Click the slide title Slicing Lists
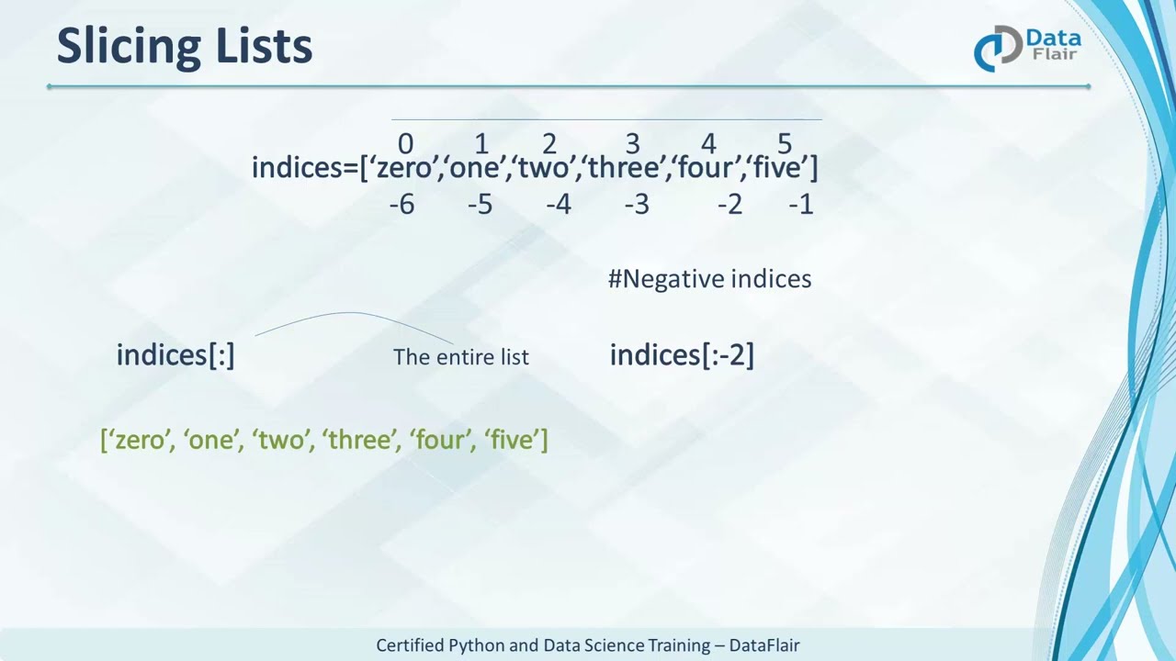coord(185,46)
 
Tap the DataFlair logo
coord(1027,48)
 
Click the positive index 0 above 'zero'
coord(405,144)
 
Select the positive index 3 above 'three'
coord(632,144)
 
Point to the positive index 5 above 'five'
coord(784,144)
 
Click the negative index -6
coord(401,204)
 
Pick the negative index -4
coord(559,204)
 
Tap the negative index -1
coord(800,204)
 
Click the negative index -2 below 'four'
coord(729,204)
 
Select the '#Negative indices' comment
coord(709,279)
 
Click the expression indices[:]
coord(175,355)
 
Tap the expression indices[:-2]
coord(682,355)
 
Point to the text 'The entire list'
coord(461,357)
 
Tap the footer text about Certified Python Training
coord(588,645)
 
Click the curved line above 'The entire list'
coord(349,314)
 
